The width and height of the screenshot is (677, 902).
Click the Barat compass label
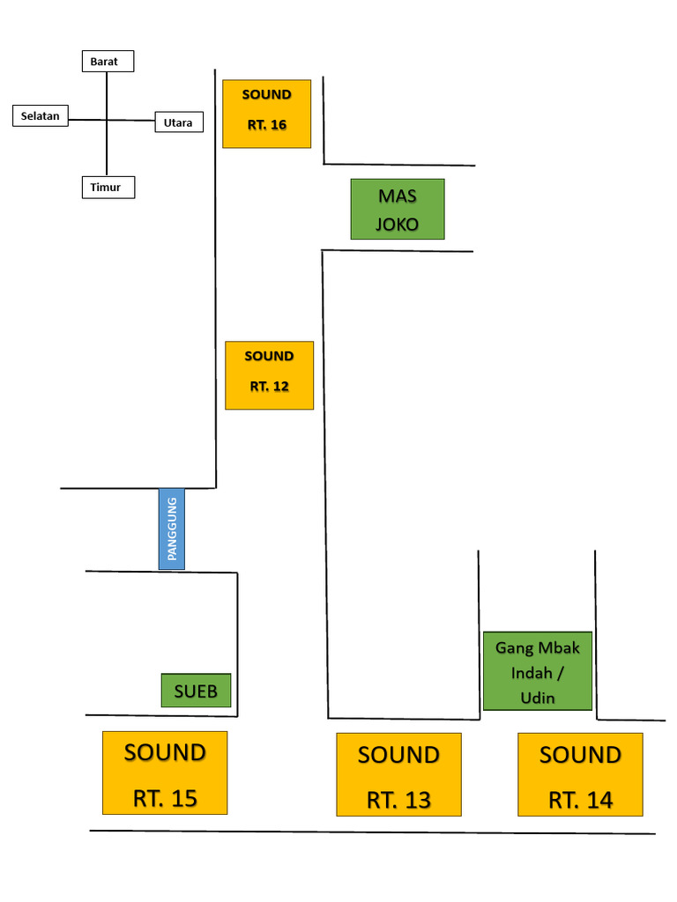(108, 61)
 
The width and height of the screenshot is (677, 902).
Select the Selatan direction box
(41, 115)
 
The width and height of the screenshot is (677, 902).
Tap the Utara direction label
(179, 122)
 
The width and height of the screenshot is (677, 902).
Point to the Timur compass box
(108, 187)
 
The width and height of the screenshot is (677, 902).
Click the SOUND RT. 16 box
(266, 114)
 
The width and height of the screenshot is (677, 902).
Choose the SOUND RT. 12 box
(270, 375)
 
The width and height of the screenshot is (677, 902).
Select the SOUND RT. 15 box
(165, 773)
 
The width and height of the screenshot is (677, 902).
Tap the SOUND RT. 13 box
(399, 774)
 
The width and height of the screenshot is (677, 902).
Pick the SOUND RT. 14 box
(580, 774)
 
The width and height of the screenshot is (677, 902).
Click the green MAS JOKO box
(398, 209)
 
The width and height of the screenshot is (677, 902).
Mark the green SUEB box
(196, 691)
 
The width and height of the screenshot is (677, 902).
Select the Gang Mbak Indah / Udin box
(538, 670)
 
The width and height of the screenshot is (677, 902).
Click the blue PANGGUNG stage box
(172, 529)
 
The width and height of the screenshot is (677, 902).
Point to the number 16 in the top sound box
(279, 125)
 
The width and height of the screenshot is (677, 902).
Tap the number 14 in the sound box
(599, 800)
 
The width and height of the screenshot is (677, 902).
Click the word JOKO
(398, 224)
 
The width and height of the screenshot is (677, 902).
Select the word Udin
(538, 698)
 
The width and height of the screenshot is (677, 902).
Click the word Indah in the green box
(532, 672)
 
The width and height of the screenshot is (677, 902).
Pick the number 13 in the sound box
(417, 800)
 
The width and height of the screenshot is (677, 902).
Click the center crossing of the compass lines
(107, 120)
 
